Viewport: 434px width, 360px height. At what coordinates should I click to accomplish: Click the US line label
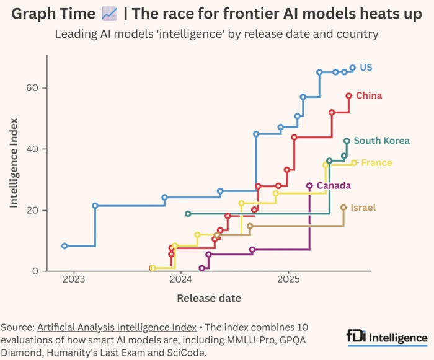(366, 67)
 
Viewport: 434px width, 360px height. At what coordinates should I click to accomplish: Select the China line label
(369, 95)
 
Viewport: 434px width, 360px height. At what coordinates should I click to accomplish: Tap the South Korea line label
(381, 141)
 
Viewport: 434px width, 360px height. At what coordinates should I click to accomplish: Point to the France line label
(376, 163)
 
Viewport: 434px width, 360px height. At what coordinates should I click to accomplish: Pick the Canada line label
(334, 185)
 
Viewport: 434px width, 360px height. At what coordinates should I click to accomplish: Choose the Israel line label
(363, 208)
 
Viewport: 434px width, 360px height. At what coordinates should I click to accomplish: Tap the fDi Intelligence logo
(387, 337)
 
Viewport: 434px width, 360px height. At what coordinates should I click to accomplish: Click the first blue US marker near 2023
(64, 246)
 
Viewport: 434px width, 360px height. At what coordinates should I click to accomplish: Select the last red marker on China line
(349, 95)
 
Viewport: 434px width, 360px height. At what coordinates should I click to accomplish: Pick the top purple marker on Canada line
(309, 186)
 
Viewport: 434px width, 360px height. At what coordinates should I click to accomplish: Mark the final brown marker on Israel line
(343, 208)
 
